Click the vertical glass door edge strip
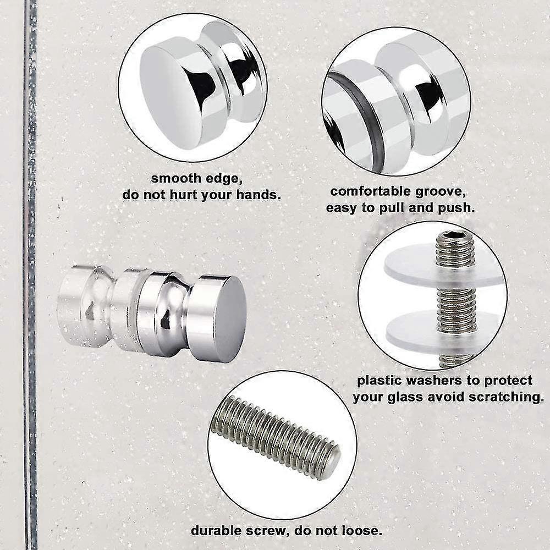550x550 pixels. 29,275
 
